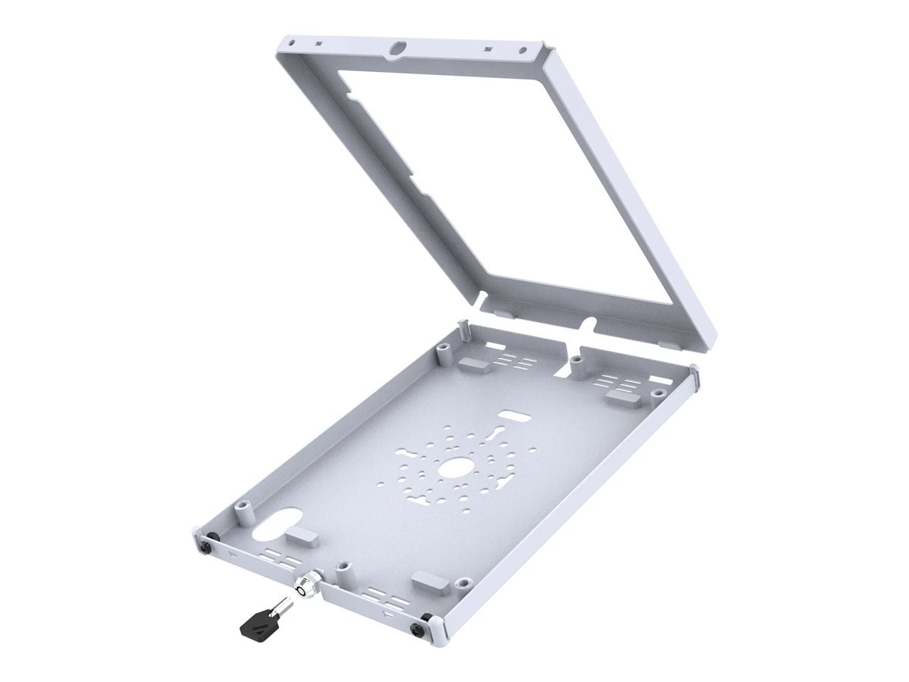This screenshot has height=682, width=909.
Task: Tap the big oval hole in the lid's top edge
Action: pyautogui.click(x=395, y=48)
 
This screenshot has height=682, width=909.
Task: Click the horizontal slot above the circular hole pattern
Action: pyautogui.click(x=515, y=417)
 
